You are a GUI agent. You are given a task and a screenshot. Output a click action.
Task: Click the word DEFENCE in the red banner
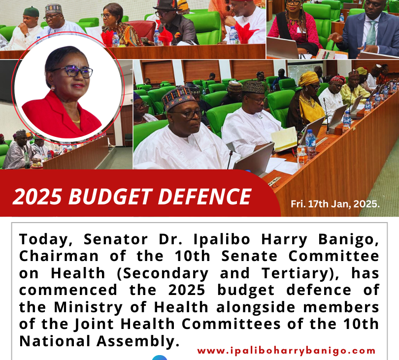pos(204,196)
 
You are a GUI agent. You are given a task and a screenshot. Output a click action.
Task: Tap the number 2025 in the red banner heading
pos(37,196)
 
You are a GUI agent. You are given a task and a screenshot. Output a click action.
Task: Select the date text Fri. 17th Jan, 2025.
pos(335,204)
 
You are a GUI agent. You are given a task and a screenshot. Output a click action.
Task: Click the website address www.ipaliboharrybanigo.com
pos(286,351)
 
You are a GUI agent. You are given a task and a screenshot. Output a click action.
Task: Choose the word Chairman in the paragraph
pos(59,256)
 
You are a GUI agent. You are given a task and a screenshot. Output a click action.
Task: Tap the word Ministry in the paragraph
pos(88,307)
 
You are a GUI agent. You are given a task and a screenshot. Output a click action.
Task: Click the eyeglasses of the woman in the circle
pos(74,71)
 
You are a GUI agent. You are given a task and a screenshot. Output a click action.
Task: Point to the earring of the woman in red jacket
pos(53,88)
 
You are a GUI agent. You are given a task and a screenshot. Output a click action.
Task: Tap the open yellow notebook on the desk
pos(284,138)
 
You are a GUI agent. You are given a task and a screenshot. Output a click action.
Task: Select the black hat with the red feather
pos(167,5)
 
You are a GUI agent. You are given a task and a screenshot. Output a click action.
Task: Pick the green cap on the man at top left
pos(31,12)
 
